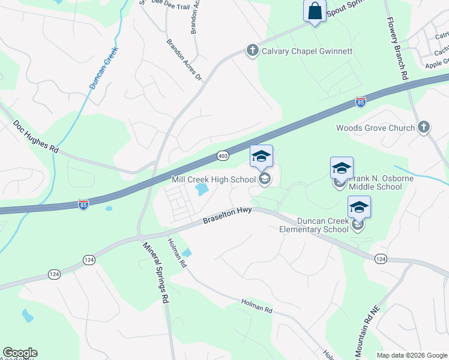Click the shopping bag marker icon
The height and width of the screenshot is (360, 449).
(x=315, y=11)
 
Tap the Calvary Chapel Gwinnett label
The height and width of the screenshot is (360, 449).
(x=307, y=51)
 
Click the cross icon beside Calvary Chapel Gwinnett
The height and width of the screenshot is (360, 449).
(x=253, y=51)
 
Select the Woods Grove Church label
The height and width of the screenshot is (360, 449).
(x=375, y=128)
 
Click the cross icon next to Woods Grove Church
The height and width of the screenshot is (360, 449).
(x=424, y=127)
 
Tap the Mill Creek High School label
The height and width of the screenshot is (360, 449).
(x=213, y=179)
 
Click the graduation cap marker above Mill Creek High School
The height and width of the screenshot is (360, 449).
(x=261, y=157)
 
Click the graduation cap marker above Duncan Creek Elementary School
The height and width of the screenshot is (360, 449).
(x=359, y=207)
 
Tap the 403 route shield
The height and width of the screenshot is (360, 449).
(x=223, y=156)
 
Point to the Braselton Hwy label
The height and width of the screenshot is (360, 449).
(x=227, y=216)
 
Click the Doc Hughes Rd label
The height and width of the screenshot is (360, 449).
(x=37, y=137)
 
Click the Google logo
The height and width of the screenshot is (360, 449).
(x=20, y=353)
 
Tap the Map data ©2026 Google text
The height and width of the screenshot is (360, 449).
(x=411, y=355)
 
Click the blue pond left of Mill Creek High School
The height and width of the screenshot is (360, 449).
(x=202, y=190)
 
